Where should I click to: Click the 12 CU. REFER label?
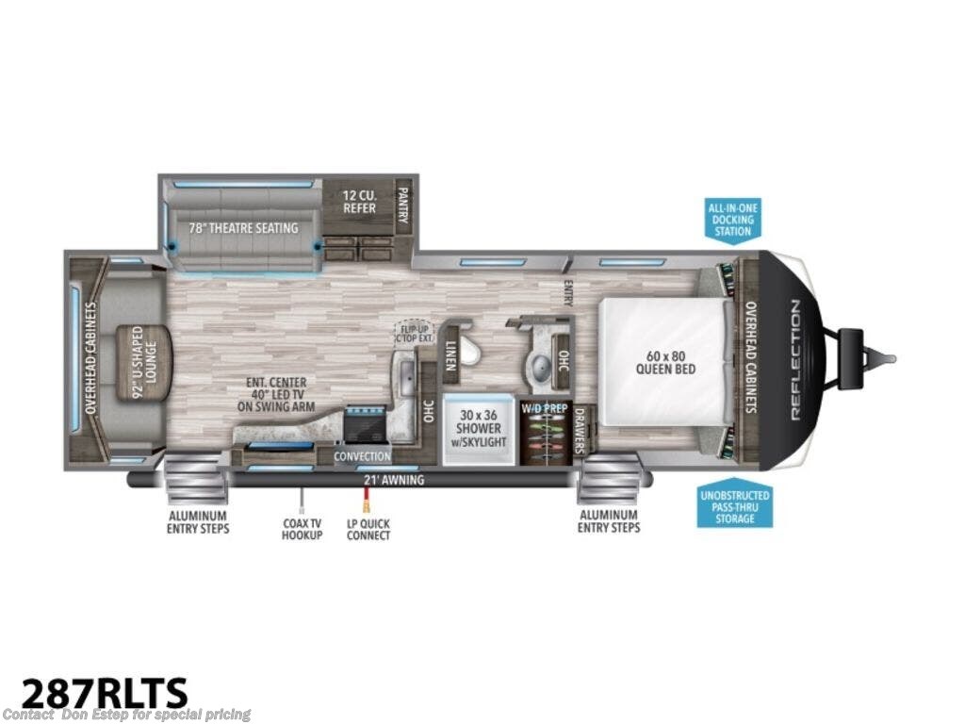358,202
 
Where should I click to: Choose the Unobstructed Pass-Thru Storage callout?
735,507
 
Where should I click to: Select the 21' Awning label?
394,480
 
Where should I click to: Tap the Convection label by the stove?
362,457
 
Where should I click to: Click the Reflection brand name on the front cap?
794,359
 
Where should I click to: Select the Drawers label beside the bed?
581,432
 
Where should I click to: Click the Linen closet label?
451,357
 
